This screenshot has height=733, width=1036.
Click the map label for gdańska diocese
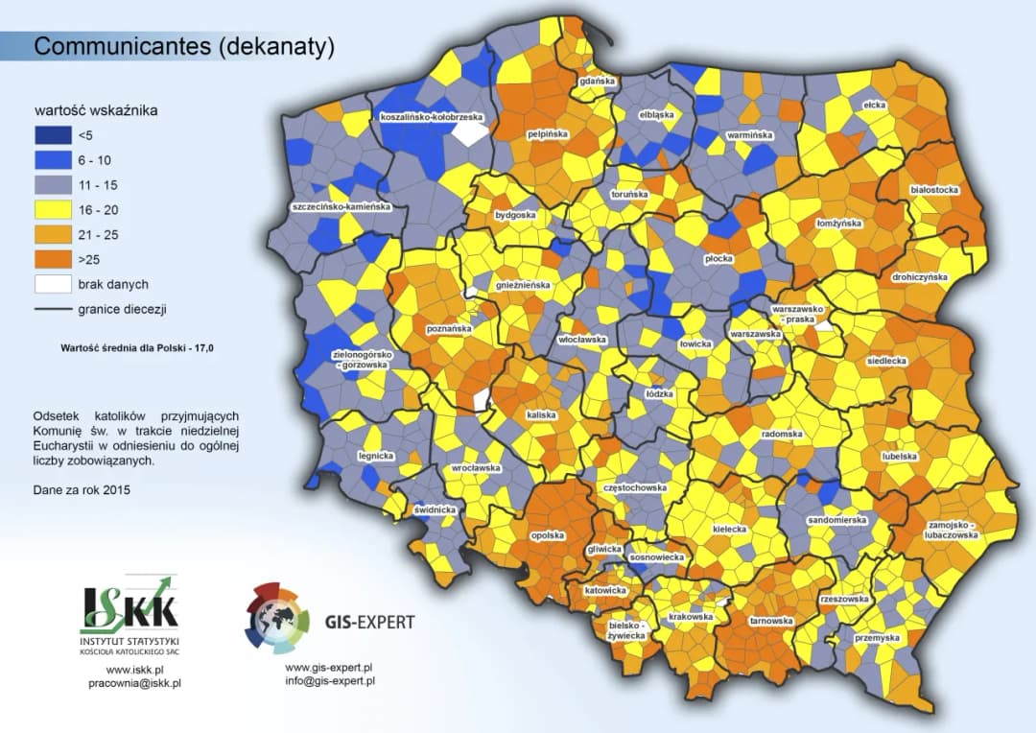598,82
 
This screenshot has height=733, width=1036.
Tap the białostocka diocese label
934,190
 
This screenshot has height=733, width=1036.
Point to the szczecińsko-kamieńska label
341,206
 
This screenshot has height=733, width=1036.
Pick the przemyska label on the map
878,637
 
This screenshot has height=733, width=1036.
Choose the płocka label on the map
718,258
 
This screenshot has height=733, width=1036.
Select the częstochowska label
635,487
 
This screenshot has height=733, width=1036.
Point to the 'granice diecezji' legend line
54,309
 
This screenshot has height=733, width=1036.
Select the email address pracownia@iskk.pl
134,683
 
